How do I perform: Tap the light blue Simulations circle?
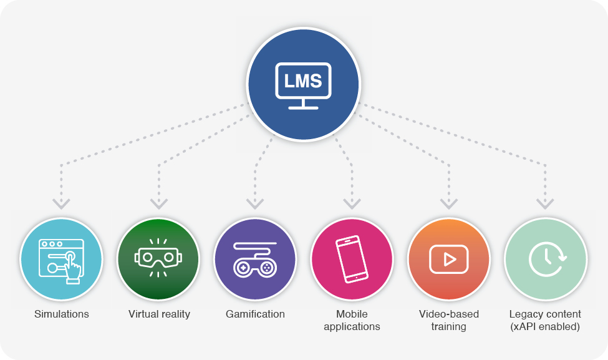(x=61, y=259)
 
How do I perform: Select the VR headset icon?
(x=158, y=258)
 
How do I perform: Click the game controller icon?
(x=255, y=260)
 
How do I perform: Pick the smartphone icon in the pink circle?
(x=352, y=259)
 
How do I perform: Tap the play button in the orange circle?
(x=449, y=259)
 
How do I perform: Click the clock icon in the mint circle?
(x=546, y=259)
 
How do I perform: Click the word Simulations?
(x=62, y=314)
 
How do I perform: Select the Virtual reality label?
(x=160, y=314)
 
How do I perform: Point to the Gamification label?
(x=255, y=314)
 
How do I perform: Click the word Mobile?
(x=352, y=314)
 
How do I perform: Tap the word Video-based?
(x=449, y=314)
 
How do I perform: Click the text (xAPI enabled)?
(x=545, y=327)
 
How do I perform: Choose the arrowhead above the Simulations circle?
(x=61, y=203)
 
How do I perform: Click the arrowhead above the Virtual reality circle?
(x=159, y=203)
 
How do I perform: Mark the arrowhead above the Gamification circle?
(x=255, y=203)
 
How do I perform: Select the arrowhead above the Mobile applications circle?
(x=352, y=203)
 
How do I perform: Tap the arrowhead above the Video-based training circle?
(x=449, y=203)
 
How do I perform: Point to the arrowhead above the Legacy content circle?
(x=545, y=203)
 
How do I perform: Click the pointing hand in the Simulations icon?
(x=72, y=270)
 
